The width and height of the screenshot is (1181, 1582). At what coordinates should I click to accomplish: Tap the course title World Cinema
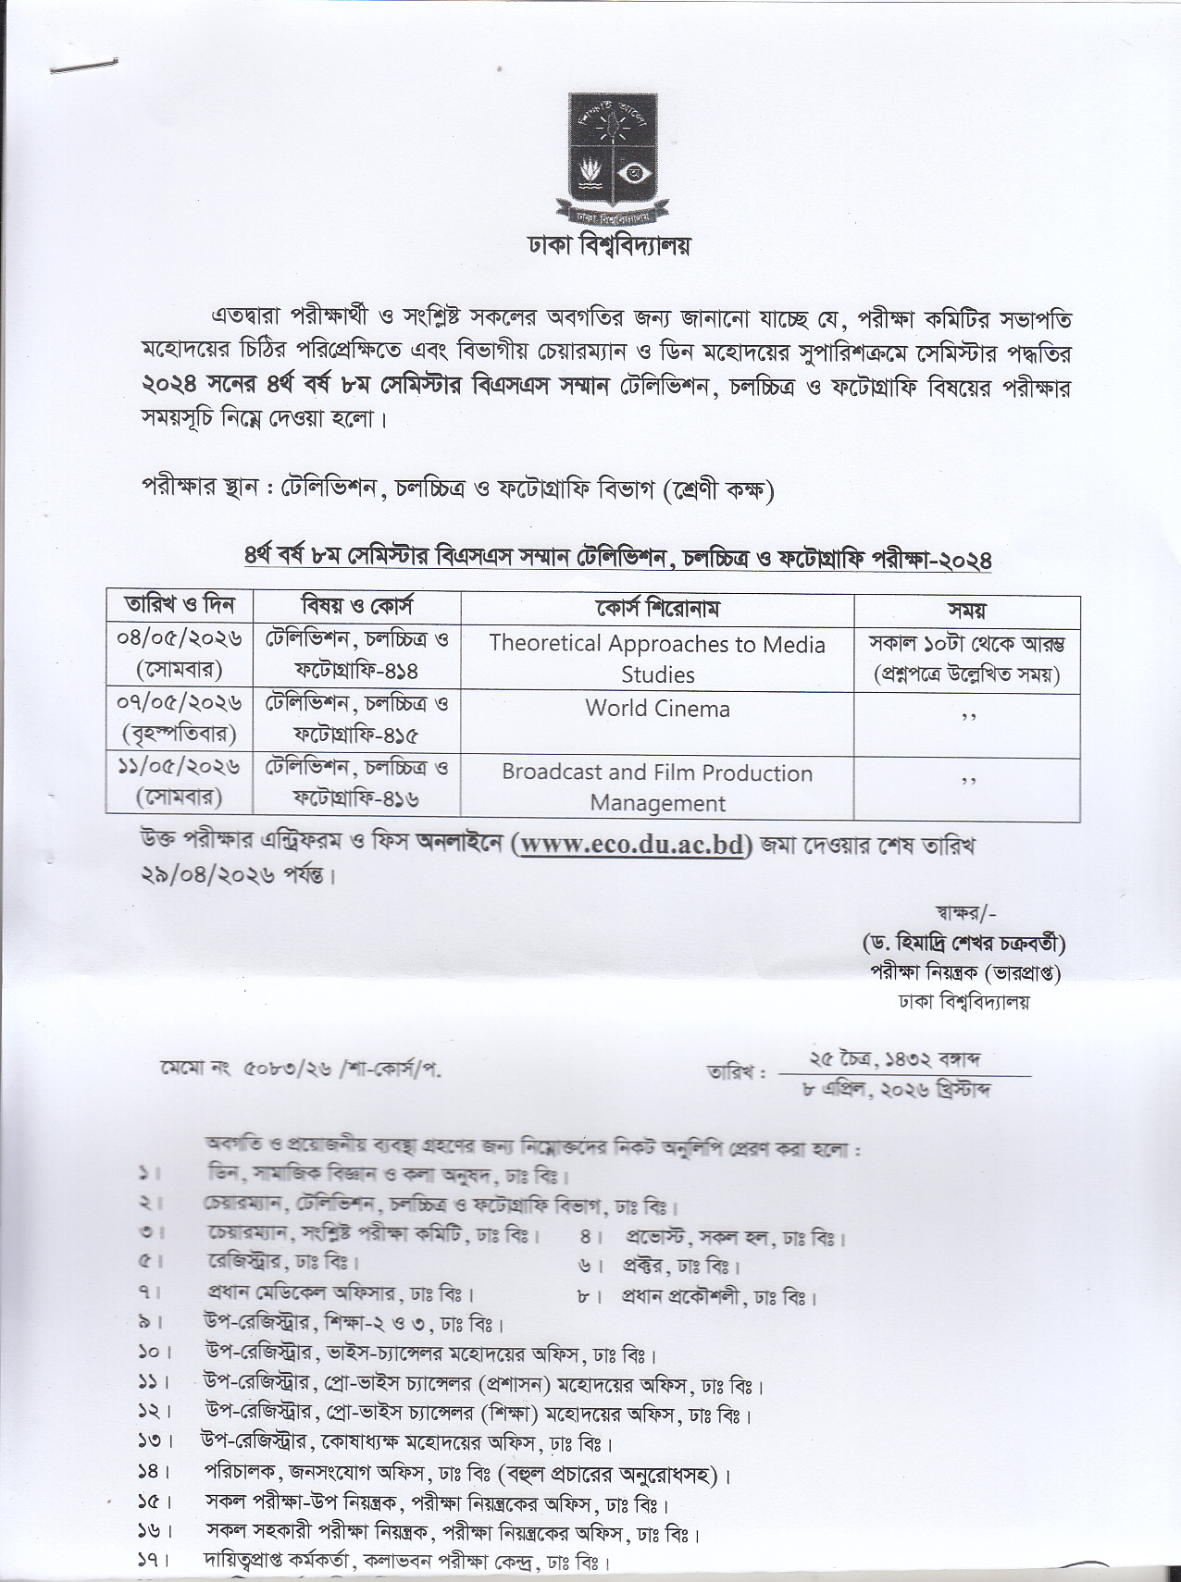657,709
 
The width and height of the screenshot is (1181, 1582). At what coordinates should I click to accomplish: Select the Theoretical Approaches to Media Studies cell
657,659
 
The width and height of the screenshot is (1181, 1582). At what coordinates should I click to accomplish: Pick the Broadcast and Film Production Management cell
657,787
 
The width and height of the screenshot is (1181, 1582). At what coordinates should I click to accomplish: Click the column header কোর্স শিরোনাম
657,609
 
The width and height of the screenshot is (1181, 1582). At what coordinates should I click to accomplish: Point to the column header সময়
966,610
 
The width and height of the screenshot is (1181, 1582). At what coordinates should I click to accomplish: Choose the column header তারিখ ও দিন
180,607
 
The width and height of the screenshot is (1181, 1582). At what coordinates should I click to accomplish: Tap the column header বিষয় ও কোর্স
357,607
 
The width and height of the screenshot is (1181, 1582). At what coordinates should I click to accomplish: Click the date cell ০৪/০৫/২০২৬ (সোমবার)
180,653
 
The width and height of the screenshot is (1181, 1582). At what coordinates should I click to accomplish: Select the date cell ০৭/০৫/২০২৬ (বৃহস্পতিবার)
180,718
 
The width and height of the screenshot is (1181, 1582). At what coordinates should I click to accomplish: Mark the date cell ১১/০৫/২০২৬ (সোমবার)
180,782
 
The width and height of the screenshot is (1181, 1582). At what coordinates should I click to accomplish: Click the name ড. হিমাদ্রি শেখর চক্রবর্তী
963,945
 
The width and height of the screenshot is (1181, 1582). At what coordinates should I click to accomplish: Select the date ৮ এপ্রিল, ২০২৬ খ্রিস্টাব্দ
897,1090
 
